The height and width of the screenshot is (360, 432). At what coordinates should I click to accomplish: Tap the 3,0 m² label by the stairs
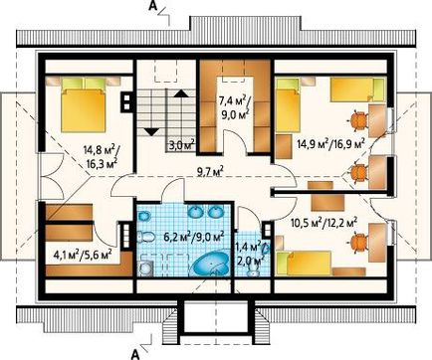(x=181, y=145)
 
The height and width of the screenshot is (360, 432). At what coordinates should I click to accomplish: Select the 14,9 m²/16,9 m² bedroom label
(x=330, y=144)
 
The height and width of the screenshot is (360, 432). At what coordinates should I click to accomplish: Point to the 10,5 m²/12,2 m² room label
(x=324, y=223)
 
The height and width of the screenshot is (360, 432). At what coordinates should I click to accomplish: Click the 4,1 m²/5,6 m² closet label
(x=83, y=255)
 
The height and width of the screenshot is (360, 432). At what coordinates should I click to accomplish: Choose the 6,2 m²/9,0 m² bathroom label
(x=194, y=237)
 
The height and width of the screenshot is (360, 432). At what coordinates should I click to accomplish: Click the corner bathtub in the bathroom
(x=211, y=263)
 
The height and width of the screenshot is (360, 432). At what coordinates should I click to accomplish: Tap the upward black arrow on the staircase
(x=180, y=93)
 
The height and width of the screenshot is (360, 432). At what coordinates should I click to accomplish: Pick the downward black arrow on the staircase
(x=151, y=132)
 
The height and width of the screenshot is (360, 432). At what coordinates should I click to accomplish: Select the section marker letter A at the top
(x=152, y=6)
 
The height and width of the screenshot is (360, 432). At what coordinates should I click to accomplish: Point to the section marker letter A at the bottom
(x=135, y=355)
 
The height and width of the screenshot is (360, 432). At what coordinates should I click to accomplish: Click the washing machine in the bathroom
(x=144, y=268)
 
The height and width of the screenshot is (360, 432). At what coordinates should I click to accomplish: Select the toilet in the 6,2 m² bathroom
(x=146, y=237)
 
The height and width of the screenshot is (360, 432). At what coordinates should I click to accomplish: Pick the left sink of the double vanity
(x=195, y=212)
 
